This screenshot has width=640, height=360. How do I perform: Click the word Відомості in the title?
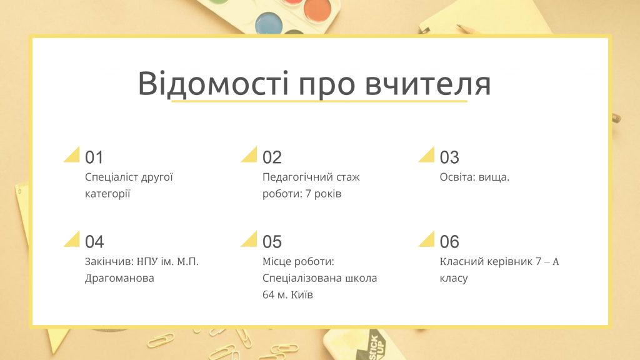pyautogui.click(x=213, y=84)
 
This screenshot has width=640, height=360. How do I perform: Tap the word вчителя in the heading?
pyautogui.click(x=427, y=84)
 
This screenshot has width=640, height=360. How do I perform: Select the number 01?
pyautogui.click(x=94, y=157)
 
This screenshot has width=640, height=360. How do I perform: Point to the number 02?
pyautogui.click(x=272, y=157)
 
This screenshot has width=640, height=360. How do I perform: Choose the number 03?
pyautogui.click(x=449, y=157)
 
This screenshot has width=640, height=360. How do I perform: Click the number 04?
pyautogui.click(x=94, y=242)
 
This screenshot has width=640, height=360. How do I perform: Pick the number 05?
pyautogui.click(x=272, y=242)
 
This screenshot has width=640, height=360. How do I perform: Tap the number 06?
pyautogui.click(x=449, y=242)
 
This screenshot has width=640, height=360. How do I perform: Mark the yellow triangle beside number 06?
pyautogui.click(x=429, y=241)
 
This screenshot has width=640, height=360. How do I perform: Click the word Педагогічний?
pyautogui.click(x=292, y=177)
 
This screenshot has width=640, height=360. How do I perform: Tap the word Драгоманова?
pyautogui.click(x=119, y=278)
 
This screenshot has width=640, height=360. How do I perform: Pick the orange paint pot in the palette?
pyautogui.click(x=317, y=11)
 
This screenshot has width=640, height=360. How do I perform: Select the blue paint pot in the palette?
pyautogui.click(x=269, y=23)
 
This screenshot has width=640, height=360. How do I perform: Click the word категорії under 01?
pyautogui.click(x=107, y=194)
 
